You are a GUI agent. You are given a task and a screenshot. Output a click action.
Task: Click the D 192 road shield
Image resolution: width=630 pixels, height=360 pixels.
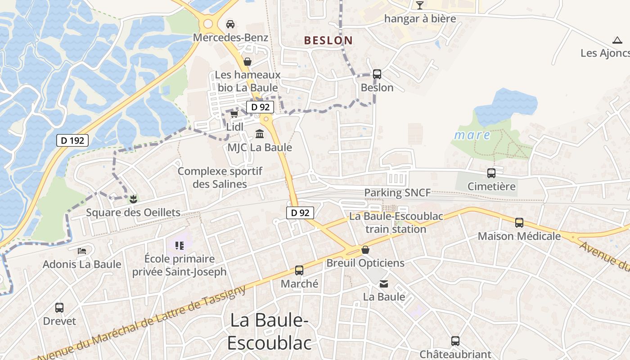(x=72, y=140)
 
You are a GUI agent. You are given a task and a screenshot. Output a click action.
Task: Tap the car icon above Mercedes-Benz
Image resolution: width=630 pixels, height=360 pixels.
(x=230, y=24)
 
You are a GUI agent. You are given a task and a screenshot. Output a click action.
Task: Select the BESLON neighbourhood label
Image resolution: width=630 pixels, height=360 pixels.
(x=328, y=40)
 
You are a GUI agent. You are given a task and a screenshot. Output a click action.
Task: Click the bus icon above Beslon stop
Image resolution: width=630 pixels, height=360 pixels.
(x=377, y=74)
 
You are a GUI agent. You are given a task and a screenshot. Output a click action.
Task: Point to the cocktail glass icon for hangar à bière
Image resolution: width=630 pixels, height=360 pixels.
(x=420, y=5)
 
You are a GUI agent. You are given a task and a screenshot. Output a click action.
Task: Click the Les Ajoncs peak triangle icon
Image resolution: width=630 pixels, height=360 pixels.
(x=617, y=40)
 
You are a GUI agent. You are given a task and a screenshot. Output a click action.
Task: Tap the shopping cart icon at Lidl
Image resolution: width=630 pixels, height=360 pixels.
(x=234, y=115)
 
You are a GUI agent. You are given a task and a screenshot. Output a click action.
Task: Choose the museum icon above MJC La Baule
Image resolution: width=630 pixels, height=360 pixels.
(x=260, y=134)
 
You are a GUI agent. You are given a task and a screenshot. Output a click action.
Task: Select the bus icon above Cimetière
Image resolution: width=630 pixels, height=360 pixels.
(x=491, y=173)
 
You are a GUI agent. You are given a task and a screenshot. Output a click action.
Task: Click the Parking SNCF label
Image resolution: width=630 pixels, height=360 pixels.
(x=397, y=193)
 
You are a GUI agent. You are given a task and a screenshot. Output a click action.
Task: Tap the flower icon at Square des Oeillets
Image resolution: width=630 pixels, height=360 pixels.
(x=133, y=198)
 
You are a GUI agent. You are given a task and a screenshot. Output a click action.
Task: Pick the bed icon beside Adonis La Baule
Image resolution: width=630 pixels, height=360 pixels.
(x=82, y=251)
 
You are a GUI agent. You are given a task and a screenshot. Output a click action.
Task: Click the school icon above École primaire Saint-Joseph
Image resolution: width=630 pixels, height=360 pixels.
(x=180, y=246)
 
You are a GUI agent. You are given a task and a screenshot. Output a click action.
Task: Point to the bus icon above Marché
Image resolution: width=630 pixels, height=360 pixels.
(x=299, y=270)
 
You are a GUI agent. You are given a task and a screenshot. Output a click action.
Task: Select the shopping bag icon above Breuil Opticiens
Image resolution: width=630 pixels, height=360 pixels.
(x=365, y=250)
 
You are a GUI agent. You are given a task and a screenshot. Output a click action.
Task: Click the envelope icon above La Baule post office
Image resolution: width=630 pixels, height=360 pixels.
(x=384, y=284)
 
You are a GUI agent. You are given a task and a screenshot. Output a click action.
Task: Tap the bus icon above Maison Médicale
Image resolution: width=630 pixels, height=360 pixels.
(x=519, y=223)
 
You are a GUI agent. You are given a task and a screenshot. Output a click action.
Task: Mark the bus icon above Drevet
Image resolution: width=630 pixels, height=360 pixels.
(x=59, y=308)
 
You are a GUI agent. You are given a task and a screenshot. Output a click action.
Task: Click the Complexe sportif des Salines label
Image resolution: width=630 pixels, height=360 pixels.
(x=220, y=178)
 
